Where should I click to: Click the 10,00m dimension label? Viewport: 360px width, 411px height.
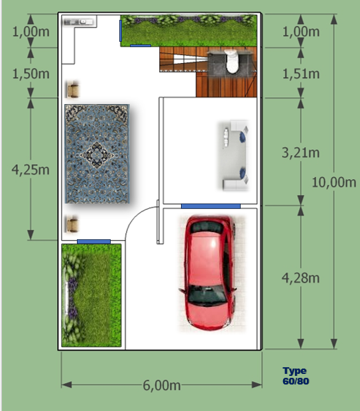pos(333,182)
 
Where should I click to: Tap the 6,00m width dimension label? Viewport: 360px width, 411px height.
pos(161,385)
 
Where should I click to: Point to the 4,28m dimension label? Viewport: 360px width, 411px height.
pos(300,278)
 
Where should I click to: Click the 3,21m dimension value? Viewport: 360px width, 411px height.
pos(300,153)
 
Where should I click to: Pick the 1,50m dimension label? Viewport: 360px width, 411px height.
pos(30,74)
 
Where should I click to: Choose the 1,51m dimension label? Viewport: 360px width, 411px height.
pos(300,74)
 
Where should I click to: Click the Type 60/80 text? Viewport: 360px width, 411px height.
pos(295,376)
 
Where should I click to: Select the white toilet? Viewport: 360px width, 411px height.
pos(231,61)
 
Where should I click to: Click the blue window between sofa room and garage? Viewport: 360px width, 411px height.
pos(211,206)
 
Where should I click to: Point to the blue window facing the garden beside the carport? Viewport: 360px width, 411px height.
pos(93,241)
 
